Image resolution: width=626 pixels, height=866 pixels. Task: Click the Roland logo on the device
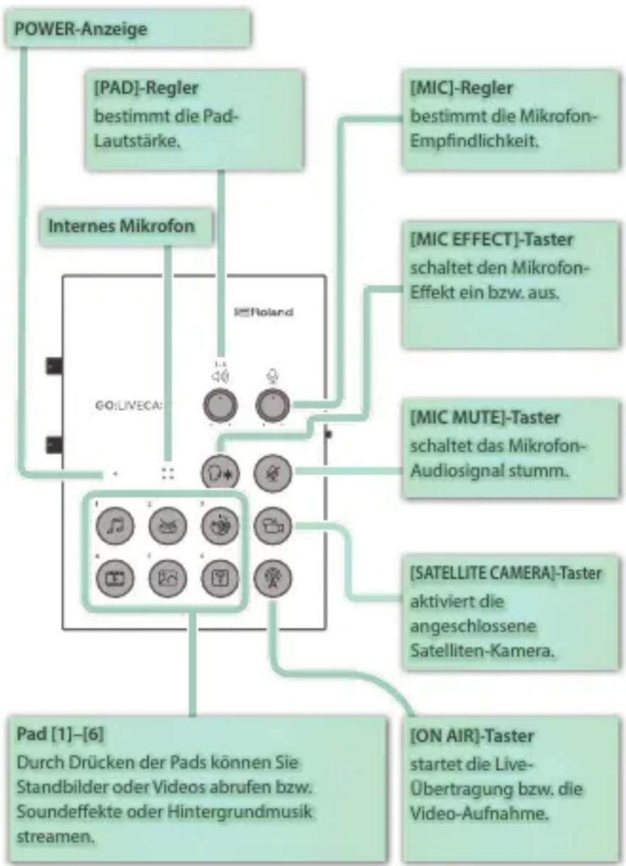[x=264, y=312]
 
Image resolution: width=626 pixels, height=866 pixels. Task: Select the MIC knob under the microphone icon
[x=273, y=405]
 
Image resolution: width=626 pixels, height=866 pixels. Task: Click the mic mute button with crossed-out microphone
[x=272, y=473]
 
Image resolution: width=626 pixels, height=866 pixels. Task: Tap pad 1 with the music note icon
[x=115, y=526]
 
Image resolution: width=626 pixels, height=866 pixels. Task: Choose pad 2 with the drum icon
[x=168, y=526]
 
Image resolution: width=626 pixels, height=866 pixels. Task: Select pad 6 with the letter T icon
[x=220, y=579]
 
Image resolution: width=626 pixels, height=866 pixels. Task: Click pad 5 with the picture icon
[x=168, y=579]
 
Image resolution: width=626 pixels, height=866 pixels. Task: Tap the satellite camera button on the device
[x=272, y=526]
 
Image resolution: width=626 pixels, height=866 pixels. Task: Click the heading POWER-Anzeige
[x=80, y=29]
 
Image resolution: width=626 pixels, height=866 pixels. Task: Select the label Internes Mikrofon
[x=121, y=226]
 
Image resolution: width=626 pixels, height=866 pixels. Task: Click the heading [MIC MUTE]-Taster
[x=485, y=418]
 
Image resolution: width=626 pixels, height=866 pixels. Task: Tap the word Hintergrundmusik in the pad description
[x=239, y=811]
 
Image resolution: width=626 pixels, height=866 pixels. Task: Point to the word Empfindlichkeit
[x=474, y=141]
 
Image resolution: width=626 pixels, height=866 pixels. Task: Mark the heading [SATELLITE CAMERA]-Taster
[x=506, y=573]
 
